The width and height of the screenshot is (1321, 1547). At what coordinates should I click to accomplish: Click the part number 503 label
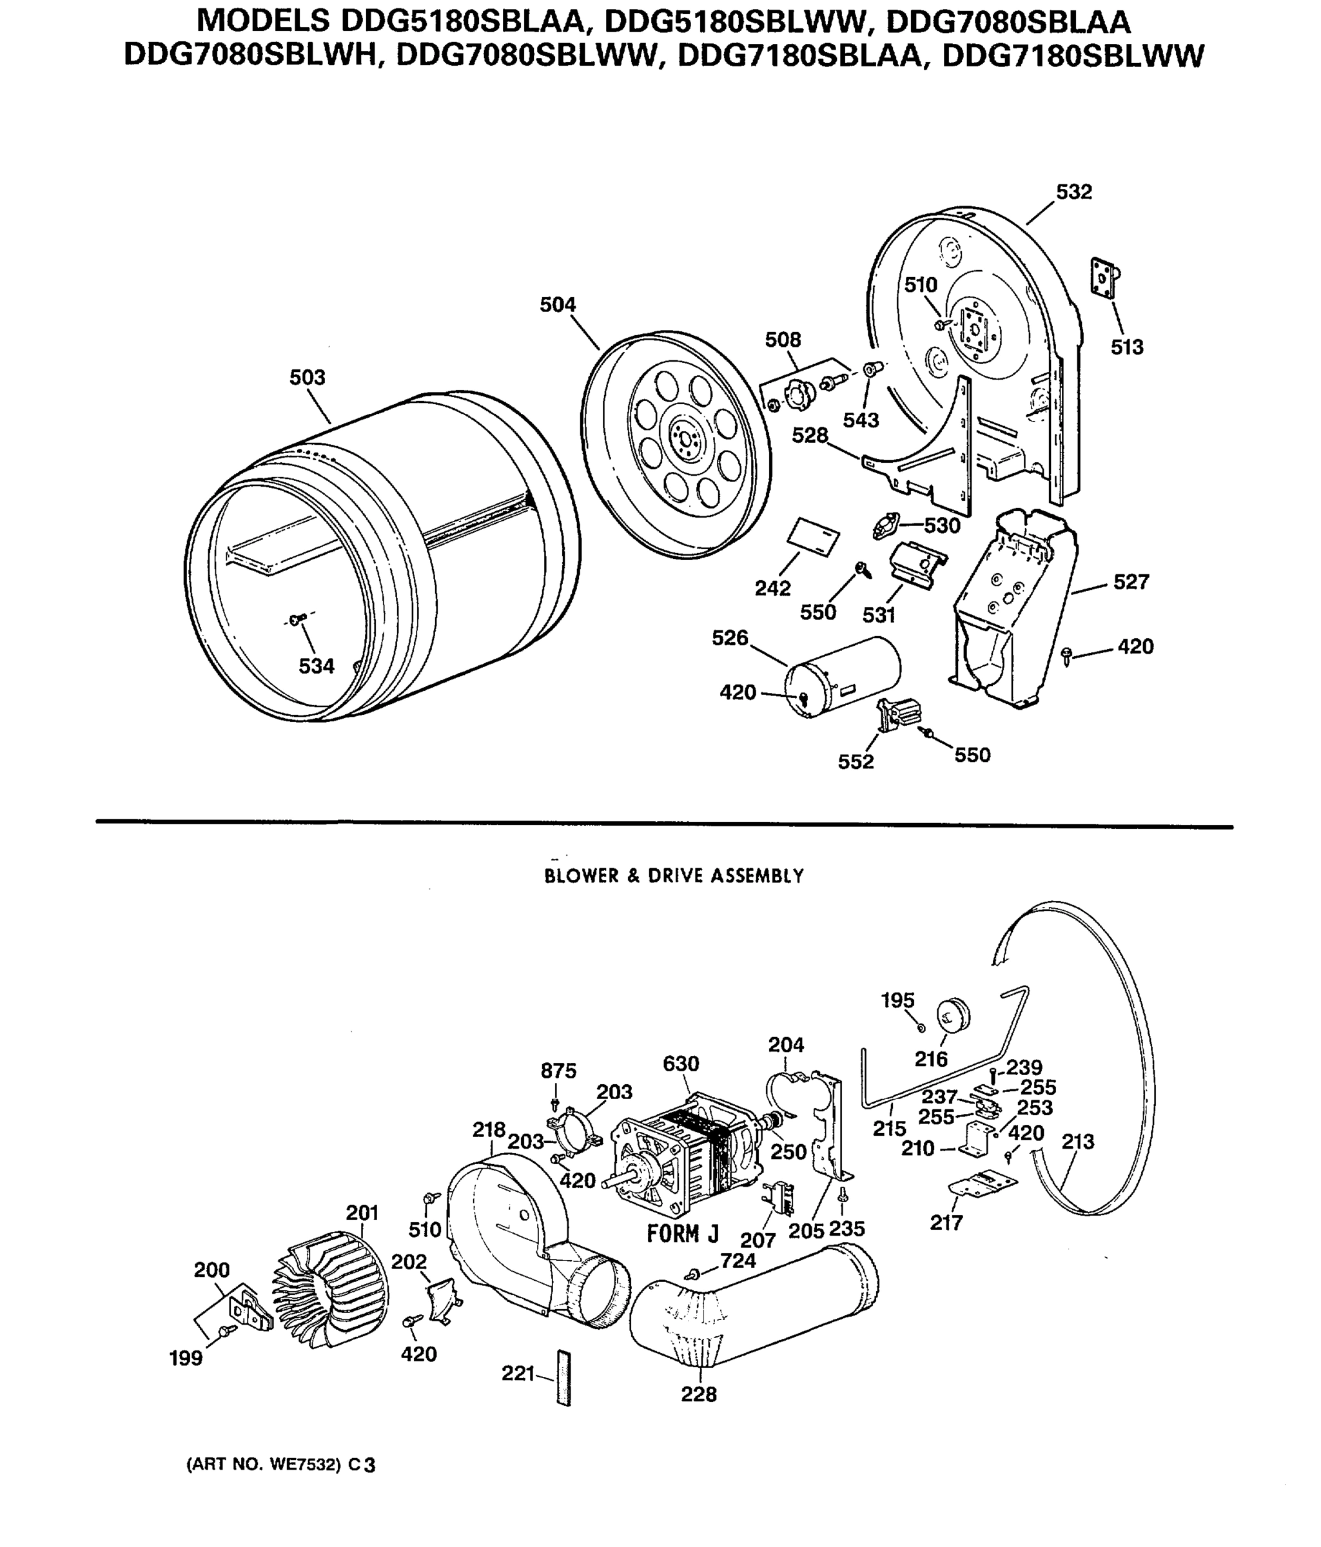tap(308, 378)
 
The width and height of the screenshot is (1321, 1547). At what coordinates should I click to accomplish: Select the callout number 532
tap(1073, 193)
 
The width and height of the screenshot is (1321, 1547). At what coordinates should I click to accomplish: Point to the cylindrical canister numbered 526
tap(844, 676)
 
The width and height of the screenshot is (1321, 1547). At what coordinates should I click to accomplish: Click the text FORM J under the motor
tap(683, 1234)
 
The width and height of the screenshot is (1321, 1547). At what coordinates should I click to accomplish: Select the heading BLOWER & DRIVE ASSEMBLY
tap(674, 876)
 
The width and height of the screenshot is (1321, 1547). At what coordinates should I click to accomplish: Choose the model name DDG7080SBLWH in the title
tap(251, 55)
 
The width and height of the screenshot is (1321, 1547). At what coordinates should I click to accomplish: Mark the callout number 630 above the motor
tap(680, 1063)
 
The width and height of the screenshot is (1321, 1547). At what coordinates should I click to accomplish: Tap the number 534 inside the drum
tap(317, 666)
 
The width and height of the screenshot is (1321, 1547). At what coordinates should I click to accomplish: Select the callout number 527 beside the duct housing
tap(1131, 581)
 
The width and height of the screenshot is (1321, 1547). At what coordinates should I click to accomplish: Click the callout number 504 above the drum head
tap(558, 305)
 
